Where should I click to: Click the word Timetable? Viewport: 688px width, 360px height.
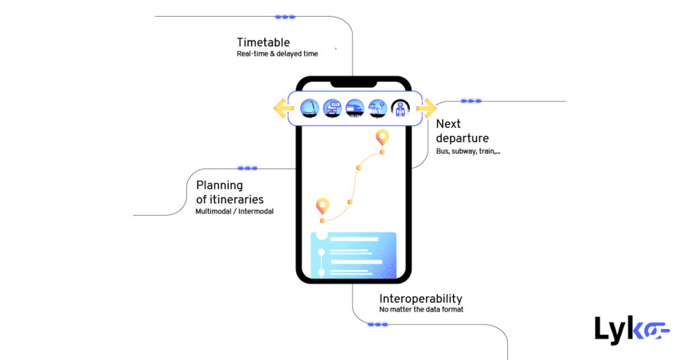pyautogui.click(x=263, y=42)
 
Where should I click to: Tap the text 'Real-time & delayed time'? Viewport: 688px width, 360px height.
pyautogui.click(x=277, y=54)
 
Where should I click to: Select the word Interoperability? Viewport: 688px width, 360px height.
pyautogui.click(x=421, y=299)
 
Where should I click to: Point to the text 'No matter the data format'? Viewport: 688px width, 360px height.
pyautogui.click(x=421, y=310)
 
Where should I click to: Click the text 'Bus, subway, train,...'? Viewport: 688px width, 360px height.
pyautogui.click(x=468, y=152)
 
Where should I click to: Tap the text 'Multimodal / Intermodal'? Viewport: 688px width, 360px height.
pyautogui.click(x=234, y=211)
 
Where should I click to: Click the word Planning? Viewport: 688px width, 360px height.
pyautogui.click(x=220, y=185)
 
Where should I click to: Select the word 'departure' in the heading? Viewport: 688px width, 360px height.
pyautogui.click(x=462, y=138)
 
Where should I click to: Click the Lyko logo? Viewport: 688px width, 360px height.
pyautogui.click(x=632, y=330)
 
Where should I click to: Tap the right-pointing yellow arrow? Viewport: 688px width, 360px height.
pyautogui.click(x=426, y=107)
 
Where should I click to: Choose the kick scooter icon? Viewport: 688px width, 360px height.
pyautogui.click(x=309, y=108)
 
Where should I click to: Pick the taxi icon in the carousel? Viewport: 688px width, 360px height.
pyautogui.click(x=332, y=108)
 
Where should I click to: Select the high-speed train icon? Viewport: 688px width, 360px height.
pyautogui.click(x=355, y=108)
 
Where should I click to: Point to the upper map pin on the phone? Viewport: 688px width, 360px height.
pyautogui.click(x=382, y=138)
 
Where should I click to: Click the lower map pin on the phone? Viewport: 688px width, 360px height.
pyautogui.click(x=322, y=206)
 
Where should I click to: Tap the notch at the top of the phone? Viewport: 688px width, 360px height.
pyautogui.click(x=353, y=83)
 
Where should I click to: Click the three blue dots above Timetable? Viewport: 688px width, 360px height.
pyautogui.click(x=285, y=17)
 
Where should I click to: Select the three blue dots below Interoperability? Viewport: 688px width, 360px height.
pyautogui.click(x=378, y=324)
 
